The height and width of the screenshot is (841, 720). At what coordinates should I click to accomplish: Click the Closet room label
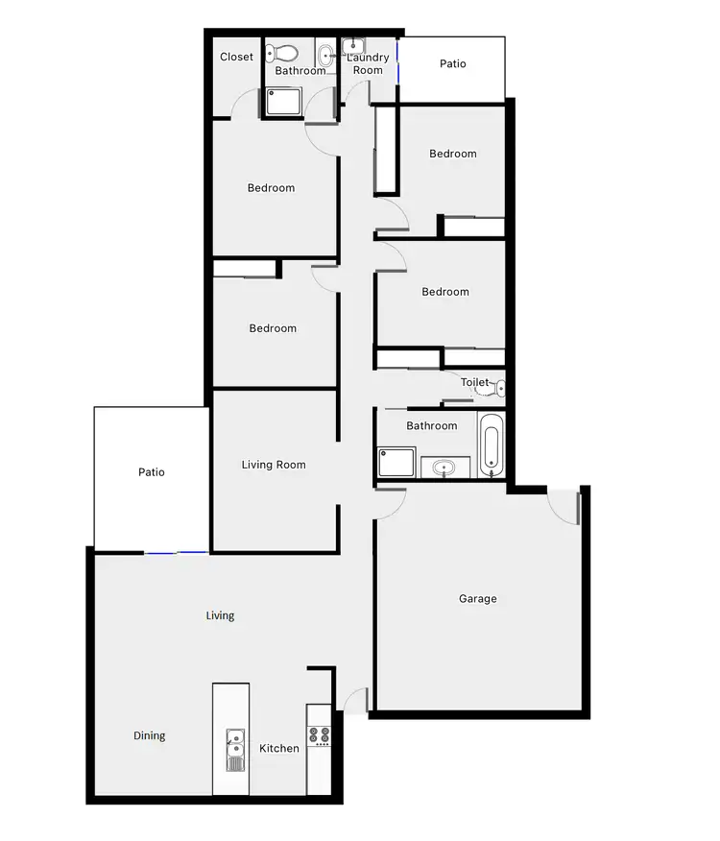pos(237,57)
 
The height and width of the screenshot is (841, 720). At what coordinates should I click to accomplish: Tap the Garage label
pos(477,599)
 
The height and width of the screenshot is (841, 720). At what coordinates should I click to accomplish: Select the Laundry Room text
pos(369,63)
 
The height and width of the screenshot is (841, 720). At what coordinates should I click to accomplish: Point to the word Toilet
pos(475,382)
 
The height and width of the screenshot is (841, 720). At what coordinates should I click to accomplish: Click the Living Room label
pos(274,465)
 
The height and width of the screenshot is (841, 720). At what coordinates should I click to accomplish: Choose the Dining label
pos(149,736)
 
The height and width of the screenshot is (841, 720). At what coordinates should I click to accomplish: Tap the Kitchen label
pos(279,748)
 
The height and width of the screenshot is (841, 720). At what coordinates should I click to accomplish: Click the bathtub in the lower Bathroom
pos(491,445)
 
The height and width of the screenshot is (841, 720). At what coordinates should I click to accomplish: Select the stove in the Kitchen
pos(319,735)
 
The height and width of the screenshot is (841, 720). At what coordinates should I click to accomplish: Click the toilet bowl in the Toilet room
pos(497,388)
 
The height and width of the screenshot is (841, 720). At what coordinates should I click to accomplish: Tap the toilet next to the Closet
pos(284,53)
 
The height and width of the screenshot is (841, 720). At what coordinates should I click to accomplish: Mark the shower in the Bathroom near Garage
pos(396,463)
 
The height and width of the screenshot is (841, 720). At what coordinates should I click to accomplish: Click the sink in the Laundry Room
pos(352,44)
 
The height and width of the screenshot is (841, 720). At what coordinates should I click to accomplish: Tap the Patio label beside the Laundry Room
pos(453,64)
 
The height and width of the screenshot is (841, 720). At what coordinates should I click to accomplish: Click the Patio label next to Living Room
pos(152,472)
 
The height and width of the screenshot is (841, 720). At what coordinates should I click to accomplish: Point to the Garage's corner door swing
pos(564,506)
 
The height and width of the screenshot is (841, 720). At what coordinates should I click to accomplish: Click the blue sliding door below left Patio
pos(176,552)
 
